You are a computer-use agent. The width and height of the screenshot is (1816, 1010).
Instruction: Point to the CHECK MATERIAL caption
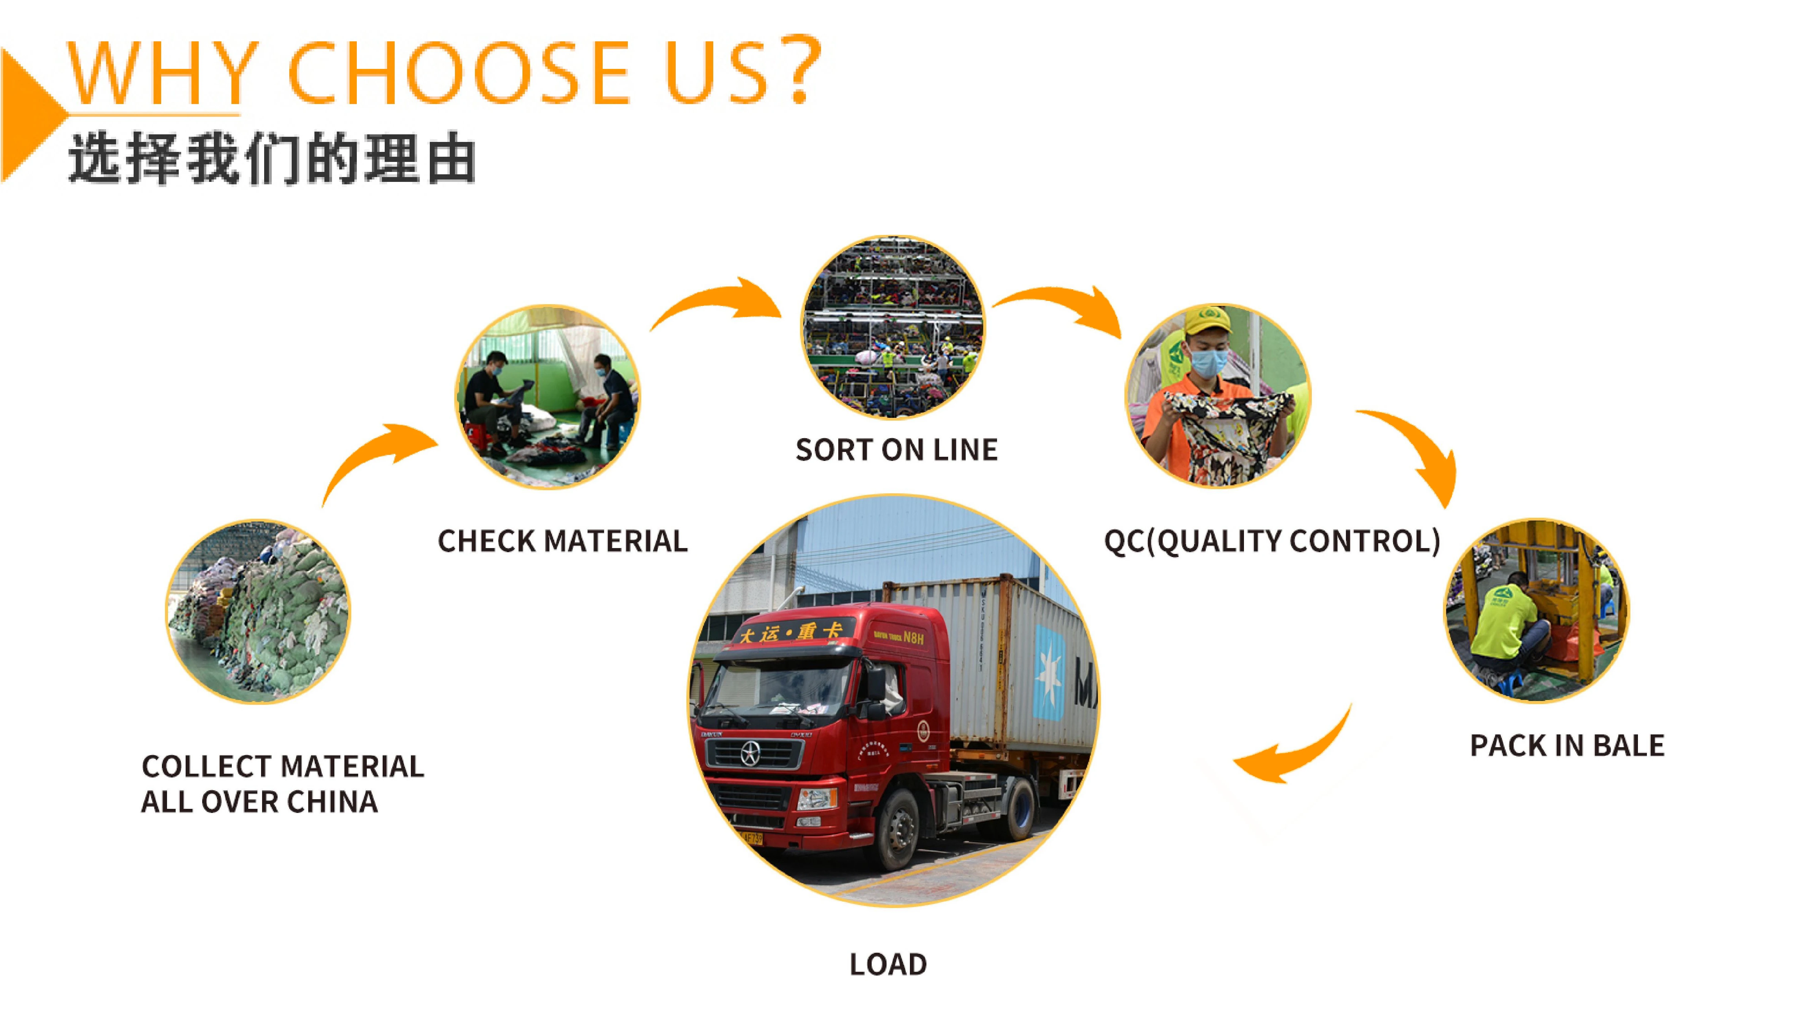[562, 541]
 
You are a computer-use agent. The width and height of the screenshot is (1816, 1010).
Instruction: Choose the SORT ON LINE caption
[896, 449]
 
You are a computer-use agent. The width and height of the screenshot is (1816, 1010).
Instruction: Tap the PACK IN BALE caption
[1566, 745]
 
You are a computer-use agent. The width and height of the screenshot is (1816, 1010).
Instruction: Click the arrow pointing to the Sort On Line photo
[719, 301]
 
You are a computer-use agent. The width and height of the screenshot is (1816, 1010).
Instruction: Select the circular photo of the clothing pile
[257, 611]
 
